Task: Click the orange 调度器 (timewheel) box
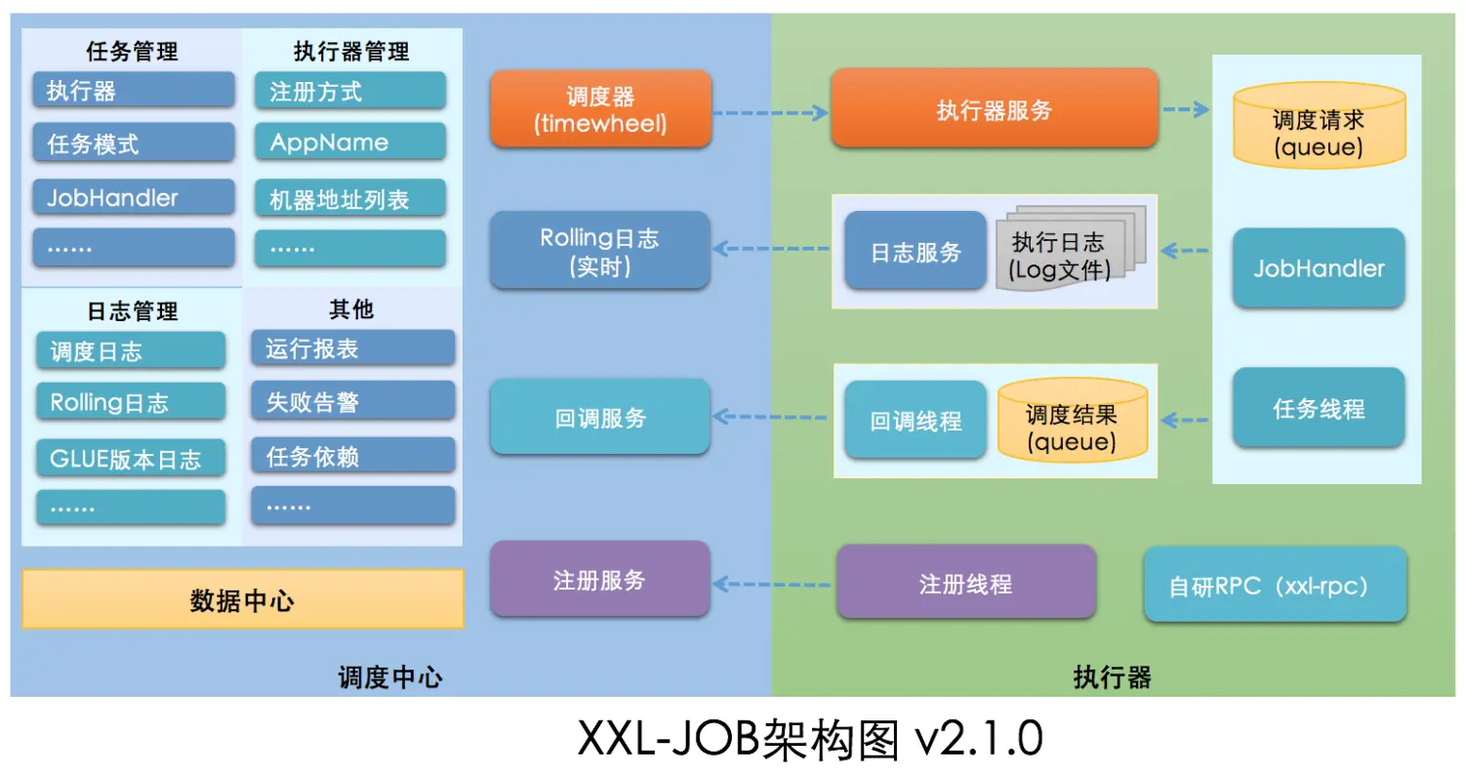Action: pyautogui.click(x=600, y=108)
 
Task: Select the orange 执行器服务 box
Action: pyautogui.click(x=994, y=108)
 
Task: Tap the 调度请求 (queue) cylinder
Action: pyautogui.click(x=1318, y=126)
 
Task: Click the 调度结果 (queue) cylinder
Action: pyautogui.click(x=1072, y=421)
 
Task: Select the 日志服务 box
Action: pyautogui.click(x=915, y=251)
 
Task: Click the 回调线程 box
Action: pyautogui.click(x=915, y=420)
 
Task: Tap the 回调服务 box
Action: pyautogui.click(x=600, y=418)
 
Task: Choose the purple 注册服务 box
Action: pyautogui.click(x=599, y=580)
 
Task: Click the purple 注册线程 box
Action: pyautogui.click(x=965, y=583)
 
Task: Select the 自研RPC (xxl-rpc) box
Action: pyautogui.click(x=1275, y=585)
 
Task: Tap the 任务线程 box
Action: pyautogui.click(x=1319, y=408)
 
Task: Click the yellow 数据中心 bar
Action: pyautogui.click(x=242, y=599)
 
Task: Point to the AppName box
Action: pyautogui.click(x=350, y=143)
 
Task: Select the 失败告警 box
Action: pyautogui.click(x=352, y=401)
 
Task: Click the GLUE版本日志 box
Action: pyautogui.click(x=131, y=458)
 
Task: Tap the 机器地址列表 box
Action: pyautogui.click(x=350, y=199)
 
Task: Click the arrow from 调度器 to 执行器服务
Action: pyautogui.click(x=770, y=112)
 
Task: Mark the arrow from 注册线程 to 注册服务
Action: pyautogui.click(x=771, y=584)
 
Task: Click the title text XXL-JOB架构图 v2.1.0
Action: pyautogui.click(x=810, y=739)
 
